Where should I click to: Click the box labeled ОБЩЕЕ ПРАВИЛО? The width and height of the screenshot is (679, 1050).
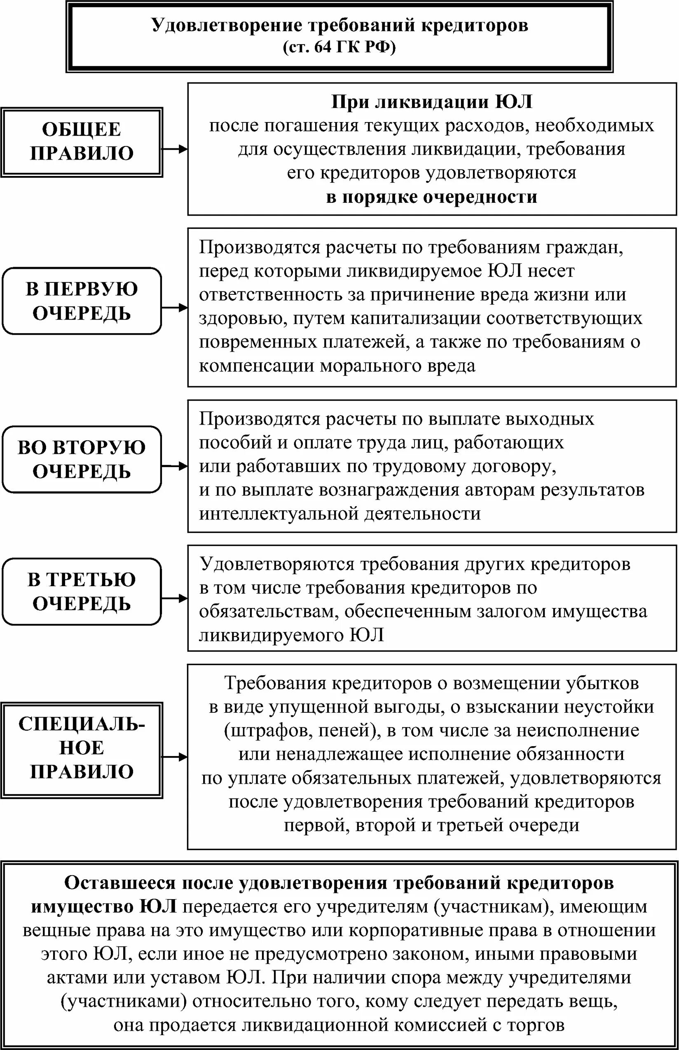(x=82, y=142)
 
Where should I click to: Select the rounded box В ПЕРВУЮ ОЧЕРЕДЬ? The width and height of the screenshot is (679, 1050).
(x=82, y=301)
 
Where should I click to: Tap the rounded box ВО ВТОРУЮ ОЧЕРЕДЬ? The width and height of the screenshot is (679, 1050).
(x=82, y=459)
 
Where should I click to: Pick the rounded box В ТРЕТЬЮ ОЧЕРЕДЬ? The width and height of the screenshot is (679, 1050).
(x=82, y=592)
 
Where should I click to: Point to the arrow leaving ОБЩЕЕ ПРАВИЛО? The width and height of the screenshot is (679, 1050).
(x=175, y=149)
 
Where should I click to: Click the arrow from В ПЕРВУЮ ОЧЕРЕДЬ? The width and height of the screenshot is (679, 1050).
(x=175, y=308)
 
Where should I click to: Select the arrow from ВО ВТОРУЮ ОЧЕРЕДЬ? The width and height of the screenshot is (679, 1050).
(x=175, y=466)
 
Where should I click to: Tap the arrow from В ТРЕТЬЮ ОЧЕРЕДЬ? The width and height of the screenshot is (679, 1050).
(x=175, y=598)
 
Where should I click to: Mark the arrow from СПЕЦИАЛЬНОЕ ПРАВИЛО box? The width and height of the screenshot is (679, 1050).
(x=175, y=757)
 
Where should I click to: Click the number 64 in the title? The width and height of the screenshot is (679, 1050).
(x=322, y=47)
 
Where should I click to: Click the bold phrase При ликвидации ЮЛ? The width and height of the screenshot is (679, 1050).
(x=432, y=102)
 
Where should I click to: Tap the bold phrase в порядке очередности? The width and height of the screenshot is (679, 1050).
(x=432, y=197)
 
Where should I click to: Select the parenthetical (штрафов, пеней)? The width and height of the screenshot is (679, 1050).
(x=302, y=731)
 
